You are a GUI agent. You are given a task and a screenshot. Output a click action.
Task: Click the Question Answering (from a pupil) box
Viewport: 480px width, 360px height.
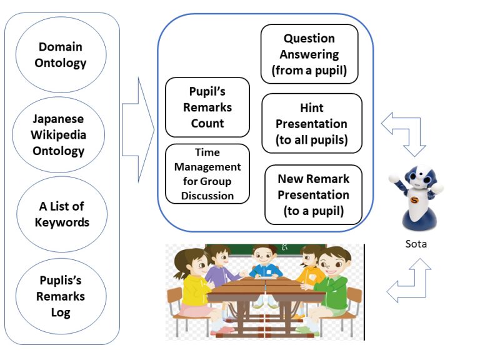click(x=309, y=54)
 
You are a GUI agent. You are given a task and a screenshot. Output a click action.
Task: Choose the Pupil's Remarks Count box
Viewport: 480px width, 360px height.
click(x=207, y=107)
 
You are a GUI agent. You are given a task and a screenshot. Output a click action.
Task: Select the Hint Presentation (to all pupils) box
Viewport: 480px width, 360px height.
click(x=312, y=123)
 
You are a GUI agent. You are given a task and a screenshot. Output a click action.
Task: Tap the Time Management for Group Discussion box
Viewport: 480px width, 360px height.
click(x=207, y=174)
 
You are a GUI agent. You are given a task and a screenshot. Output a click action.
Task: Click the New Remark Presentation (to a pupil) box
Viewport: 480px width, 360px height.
click(x=313, y=195)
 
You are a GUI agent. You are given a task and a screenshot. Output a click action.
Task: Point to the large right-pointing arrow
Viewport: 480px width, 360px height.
click(x=137, y=130)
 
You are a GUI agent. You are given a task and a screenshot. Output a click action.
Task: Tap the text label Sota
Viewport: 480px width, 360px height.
click(x=416, y=244)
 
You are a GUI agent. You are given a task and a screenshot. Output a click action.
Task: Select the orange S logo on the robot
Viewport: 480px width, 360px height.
click(x=414, y=201)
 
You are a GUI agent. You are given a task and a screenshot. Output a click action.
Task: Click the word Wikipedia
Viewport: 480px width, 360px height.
click(x=59, y=135)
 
